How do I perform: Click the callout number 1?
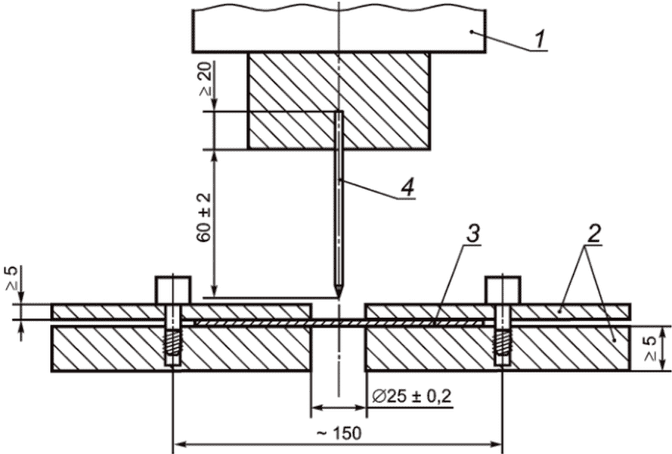tap(539, 39)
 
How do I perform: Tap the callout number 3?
tap(472, 234)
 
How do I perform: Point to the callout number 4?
tap(408, 187)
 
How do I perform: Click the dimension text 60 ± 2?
tap(205, 218)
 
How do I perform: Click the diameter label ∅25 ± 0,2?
tap(412, 397)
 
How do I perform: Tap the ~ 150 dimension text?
tap(339, 434)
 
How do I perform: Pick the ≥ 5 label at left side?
tap(12, 279)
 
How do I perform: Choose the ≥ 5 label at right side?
tap(651, 347)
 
